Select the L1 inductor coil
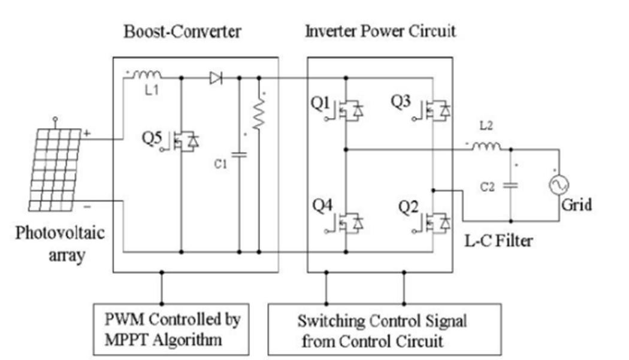[146, 75]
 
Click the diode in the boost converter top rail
[216, 77]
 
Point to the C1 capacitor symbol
[239, 154]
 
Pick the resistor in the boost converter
[259, 114]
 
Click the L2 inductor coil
[486, 146]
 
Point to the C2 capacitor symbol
[511, 185]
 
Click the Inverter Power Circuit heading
[380, 31]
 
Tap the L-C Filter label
[498, 240]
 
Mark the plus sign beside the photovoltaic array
[87, 134]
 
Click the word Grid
[576, 205]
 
